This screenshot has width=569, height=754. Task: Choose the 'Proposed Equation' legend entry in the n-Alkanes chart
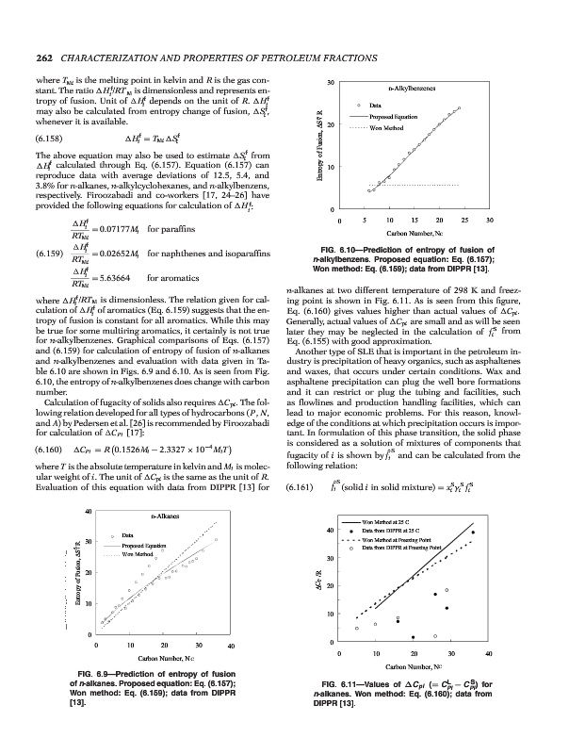click(x=139, y=546)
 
